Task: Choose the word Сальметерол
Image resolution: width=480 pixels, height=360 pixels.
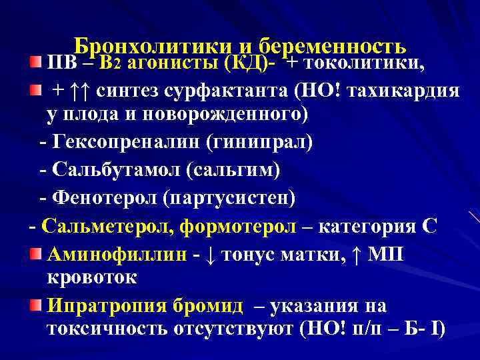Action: (105, 226)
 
